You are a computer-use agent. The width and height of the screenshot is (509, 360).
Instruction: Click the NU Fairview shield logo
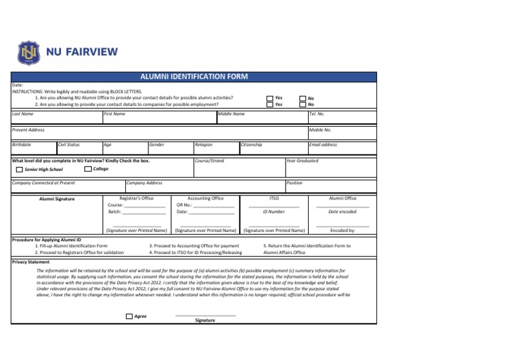click(x=28, y=52)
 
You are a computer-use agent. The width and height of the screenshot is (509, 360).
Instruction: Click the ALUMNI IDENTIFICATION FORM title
click(x=194, y=77)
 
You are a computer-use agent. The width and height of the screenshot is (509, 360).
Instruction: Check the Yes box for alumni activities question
click(x=269, y=97)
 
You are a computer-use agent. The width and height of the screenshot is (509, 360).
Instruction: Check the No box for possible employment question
click(x=302, y=104)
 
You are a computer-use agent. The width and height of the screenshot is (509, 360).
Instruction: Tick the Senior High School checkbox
click(x=19, y=170)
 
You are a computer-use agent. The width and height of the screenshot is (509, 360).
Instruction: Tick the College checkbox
click(x=88, y=169)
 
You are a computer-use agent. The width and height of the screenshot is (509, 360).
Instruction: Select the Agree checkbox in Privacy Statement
click(x=129, y=316)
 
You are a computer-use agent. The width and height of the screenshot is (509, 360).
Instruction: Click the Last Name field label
click(x=23, y=114)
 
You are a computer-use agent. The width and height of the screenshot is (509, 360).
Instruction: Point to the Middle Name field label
click(x=231, y=114)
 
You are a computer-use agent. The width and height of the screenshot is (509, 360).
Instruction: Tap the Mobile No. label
click(x=320, y=130)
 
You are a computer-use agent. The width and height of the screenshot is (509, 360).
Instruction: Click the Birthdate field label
click(x=22, y=145)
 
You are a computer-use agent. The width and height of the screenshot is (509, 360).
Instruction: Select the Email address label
click(x=323, y=145)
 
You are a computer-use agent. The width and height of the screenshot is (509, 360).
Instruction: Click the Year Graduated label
click(x=302, y=160)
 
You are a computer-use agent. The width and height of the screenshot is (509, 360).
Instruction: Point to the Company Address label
click(x=144, y=183)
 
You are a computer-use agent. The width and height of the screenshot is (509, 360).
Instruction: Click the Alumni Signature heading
click(x=56, y=199)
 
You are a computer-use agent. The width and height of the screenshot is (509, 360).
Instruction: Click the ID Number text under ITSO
click(x=274, y=211)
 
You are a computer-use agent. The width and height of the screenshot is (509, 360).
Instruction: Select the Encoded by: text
click(x=343, y=231)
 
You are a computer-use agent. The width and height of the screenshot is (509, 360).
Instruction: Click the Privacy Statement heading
click(x=31, y=262)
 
